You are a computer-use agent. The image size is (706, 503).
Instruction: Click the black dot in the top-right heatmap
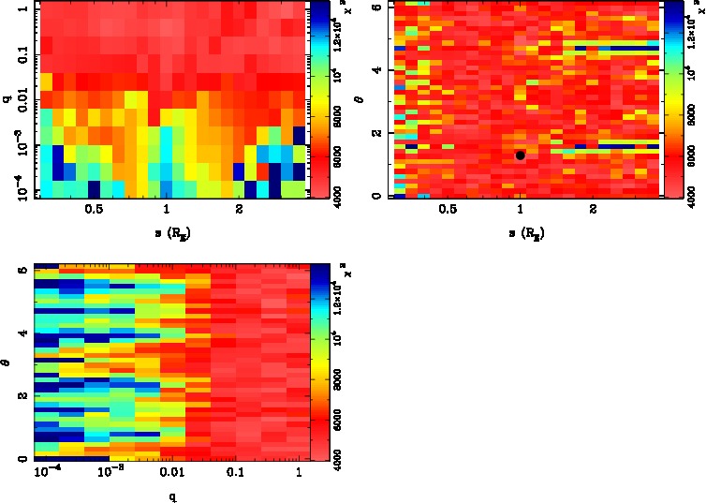coord(520,155)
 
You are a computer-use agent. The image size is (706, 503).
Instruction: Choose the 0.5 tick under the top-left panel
coord(93,212)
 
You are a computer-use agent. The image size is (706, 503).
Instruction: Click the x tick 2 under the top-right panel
coord(593,212)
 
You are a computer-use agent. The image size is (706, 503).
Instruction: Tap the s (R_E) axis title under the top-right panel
coord(522,231)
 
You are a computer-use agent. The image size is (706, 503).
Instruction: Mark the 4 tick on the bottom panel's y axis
coord(22,333)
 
